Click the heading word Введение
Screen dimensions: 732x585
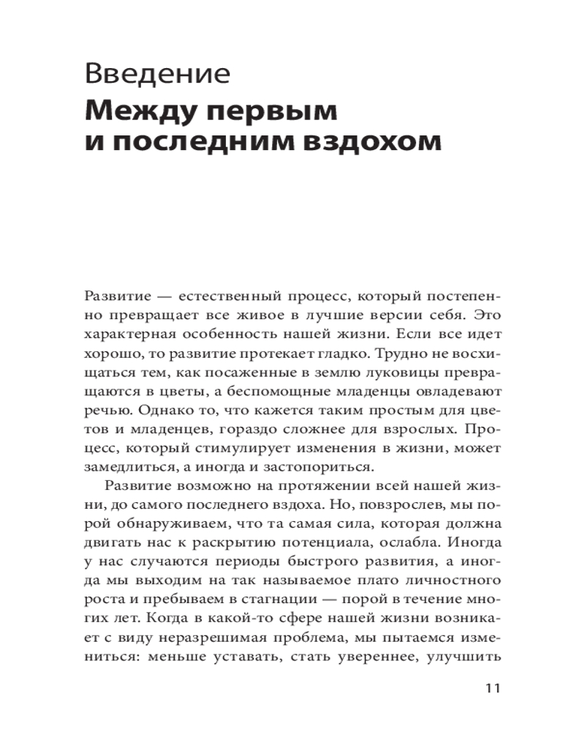tap(158, 75)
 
